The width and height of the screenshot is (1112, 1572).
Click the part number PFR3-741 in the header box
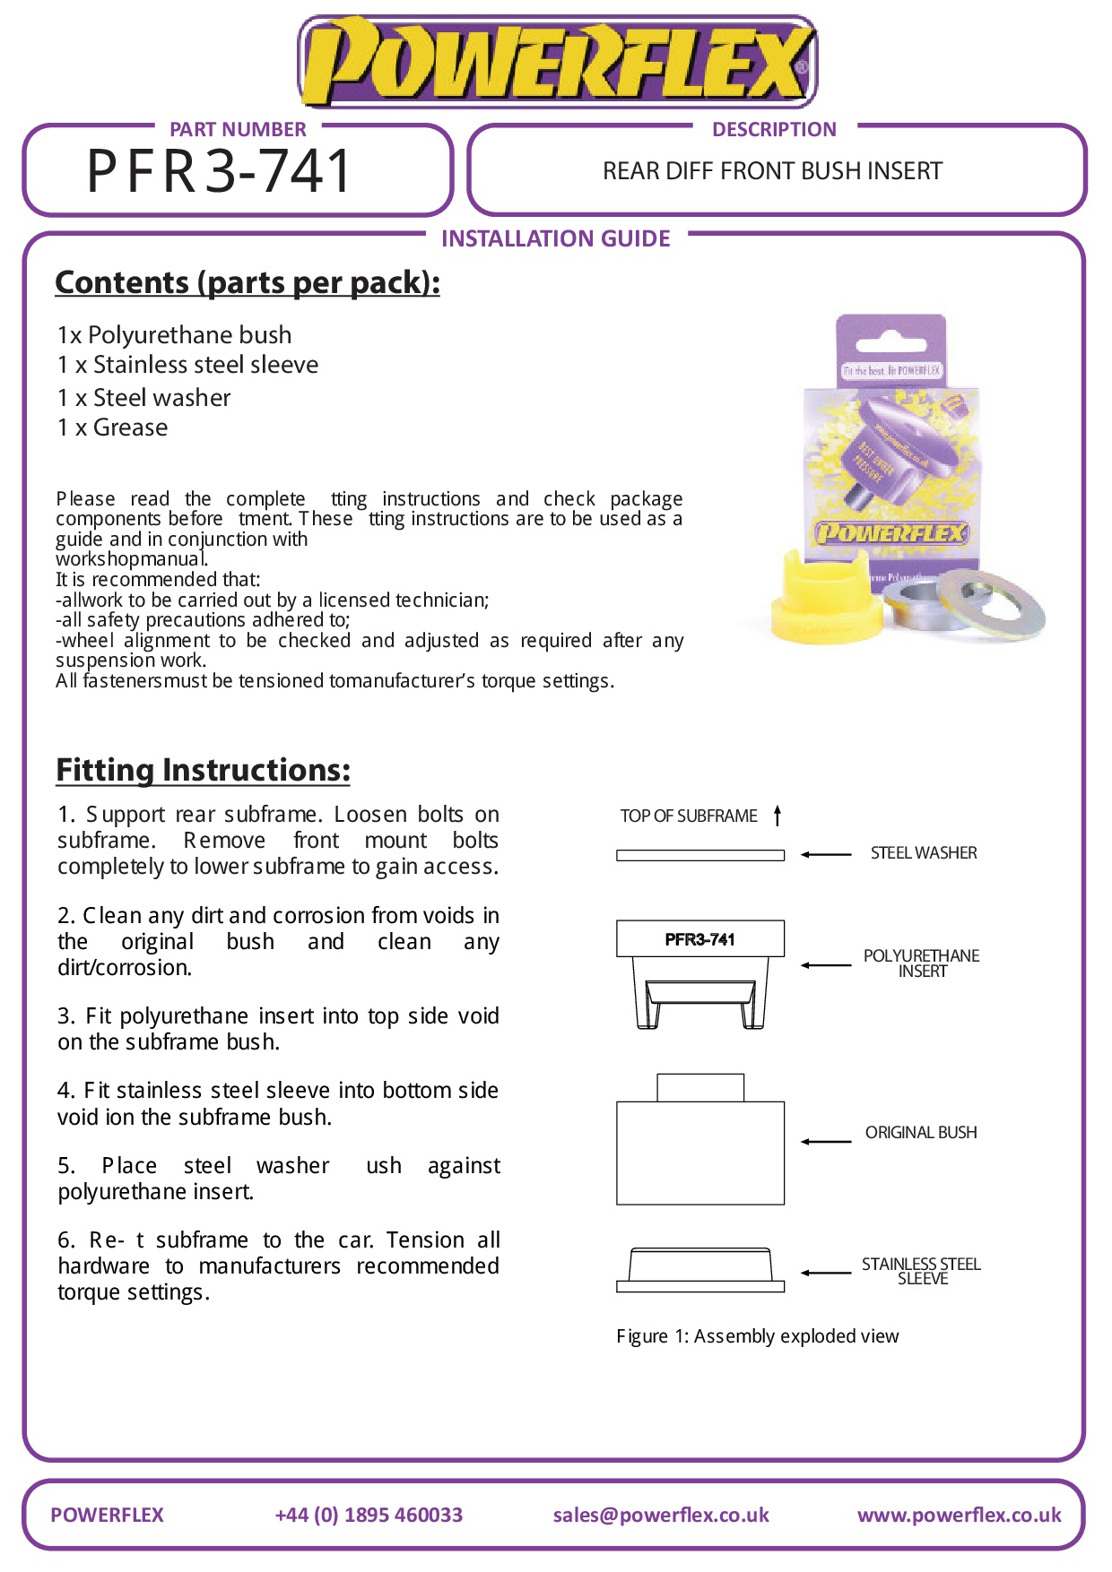point(219,170)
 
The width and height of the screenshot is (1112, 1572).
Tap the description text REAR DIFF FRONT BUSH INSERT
point(772,171)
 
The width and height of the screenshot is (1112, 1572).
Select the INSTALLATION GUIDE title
point(555,238)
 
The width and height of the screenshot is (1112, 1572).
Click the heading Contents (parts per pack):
point(248,282)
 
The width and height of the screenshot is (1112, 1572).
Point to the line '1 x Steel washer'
point(143,398)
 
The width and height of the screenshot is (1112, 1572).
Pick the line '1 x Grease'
point(112,428)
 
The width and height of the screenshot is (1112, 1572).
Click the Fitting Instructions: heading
point(203,770)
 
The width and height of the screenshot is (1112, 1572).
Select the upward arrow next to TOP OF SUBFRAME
point(778,815)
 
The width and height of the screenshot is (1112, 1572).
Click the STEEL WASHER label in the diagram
point(924,853)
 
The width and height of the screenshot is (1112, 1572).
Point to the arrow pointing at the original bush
point(826,1141)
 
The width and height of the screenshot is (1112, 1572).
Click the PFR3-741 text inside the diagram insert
point(699,939)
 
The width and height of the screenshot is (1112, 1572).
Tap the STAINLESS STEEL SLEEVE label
point(921,1271)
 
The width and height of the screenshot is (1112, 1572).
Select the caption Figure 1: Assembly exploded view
point(757,1336)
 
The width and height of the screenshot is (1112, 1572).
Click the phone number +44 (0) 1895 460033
point(369,1515)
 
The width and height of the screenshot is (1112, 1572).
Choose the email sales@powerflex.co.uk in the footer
point(661,1515)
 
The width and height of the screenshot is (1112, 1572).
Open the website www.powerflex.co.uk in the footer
point(959,1515)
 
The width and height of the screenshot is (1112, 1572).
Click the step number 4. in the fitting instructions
point(65,1091)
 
